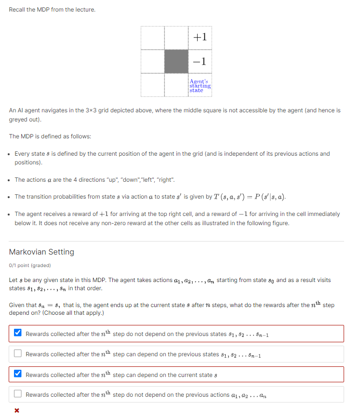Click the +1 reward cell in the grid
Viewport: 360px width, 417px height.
(x=200, y=38)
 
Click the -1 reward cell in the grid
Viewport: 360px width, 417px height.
(x=200, y=61)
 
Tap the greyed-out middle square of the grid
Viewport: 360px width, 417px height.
(x=176, y=61)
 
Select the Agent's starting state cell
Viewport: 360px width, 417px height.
(x=200, y=85)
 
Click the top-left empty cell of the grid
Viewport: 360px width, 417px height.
(x=153, y=38)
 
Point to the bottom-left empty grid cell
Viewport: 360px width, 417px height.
(x=153, y=85)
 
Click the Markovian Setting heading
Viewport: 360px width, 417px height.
(x=41, y=252)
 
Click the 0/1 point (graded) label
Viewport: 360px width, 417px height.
(x=30, y=265)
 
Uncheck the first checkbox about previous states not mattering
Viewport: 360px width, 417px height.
(x=18, y=333)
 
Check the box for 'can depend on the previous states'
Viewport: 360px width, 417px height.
(x=18, y=354)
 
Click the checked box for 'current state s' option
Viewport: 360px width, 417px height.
(x=18, y=374)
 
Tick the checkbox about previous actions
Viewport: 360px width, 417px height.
(x=18, y=394)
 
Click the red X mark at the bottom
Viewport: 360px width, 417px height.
(x=17, y=410)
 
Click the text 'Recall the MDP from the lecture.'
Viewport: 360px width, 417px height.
(x=52, y=10)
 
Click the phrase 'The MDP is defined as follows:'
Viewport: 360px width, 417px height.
(x=50, y=136)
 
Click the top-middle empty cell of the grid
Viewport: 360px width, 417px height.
(x=176, y=38)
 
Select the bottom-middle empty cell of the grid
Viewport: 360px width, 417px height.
(x=176, y=85)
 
